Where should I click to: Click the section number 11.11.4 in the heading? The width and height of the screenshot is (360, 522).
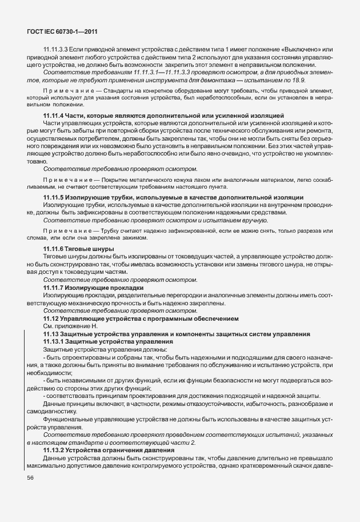[55, 115]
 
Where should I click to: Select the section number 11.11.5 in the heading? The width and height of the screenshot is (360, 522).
[55, 197]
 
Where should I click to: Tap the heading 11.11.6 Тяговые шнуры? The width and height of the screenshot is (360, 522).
[78, 249]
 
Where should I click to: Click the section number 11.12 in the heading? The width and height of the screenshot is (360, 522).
[51, 318]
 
